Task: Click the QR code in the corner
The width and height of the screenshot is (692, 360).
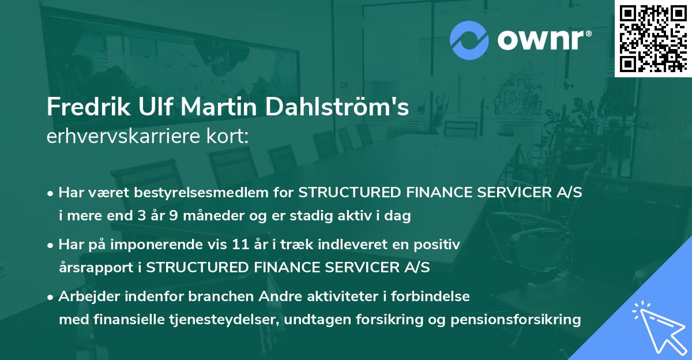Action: tap(652, 38)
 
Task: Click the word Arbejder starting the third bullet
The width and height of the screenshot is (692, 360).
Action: tap(86, 297)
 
